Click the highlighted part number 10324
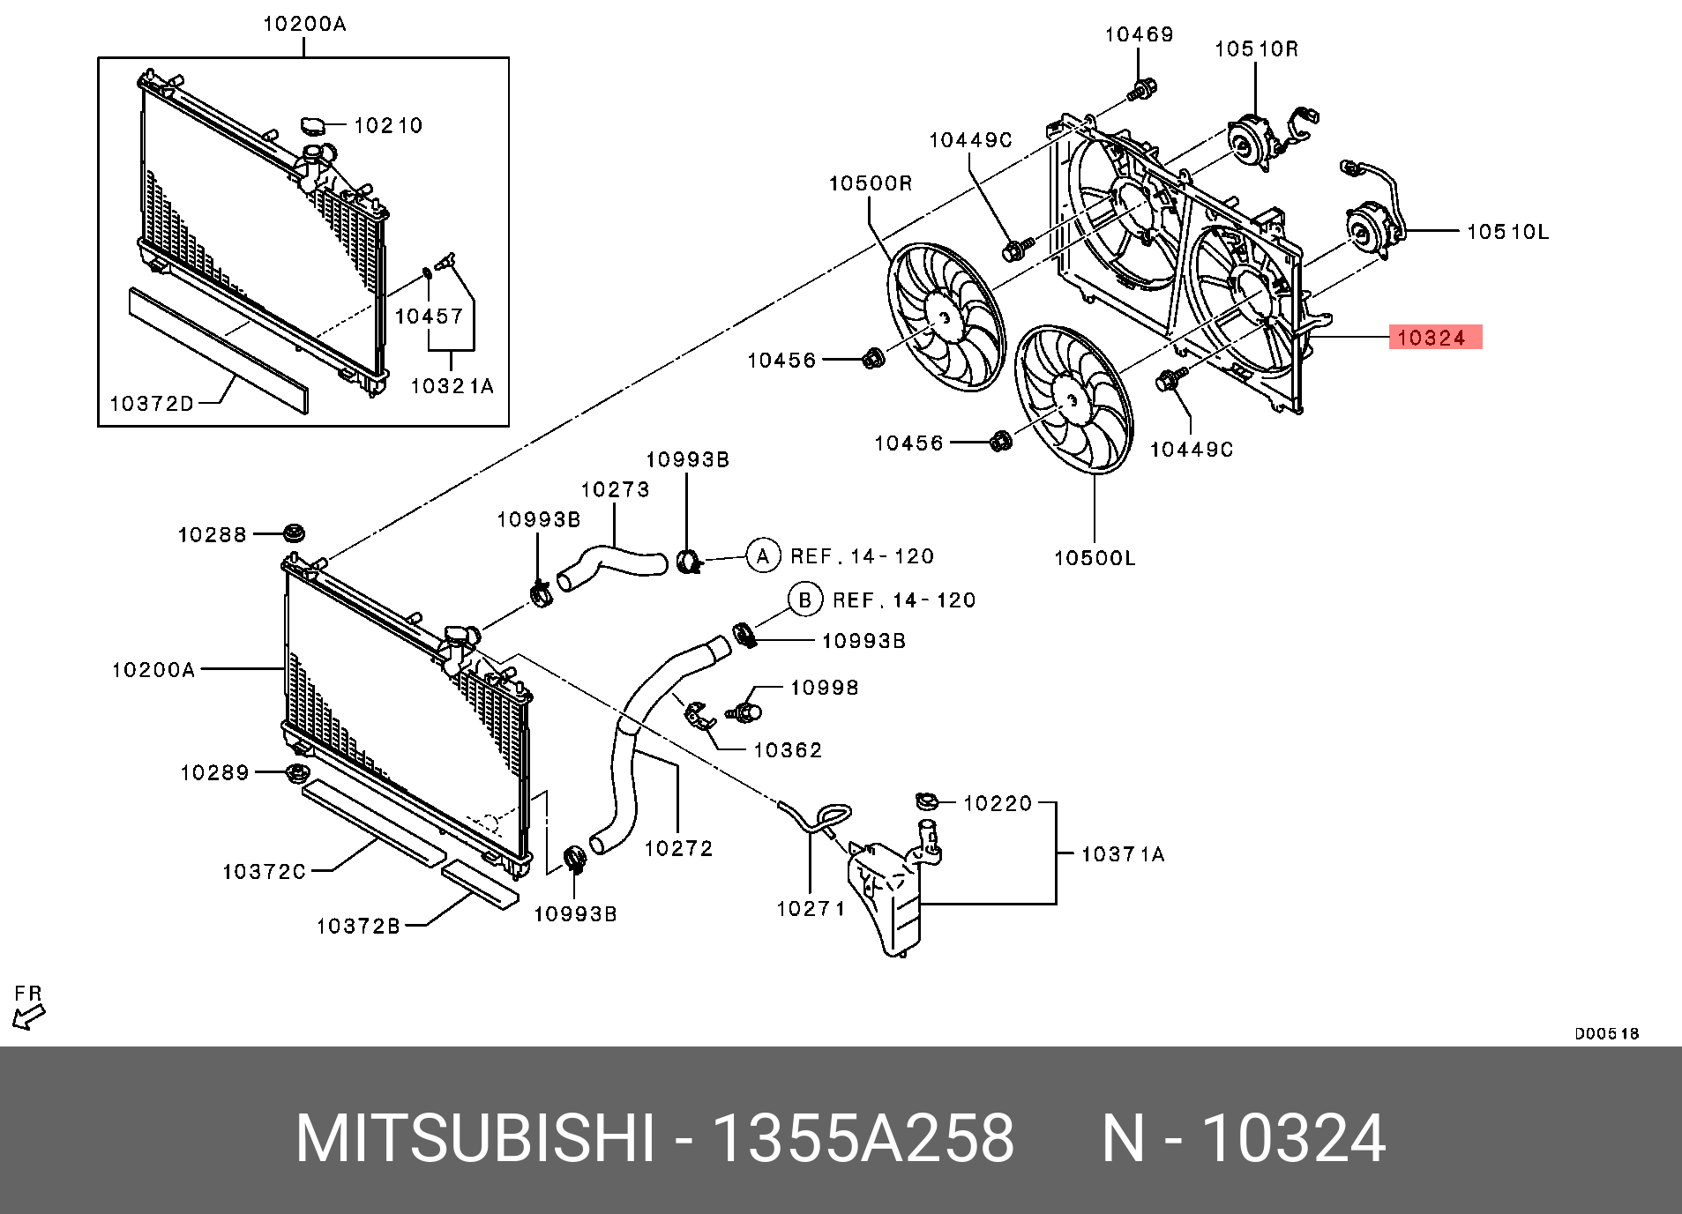(1434, 337)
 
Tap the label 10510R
(1256, 49)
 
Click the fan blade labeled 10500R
(945, 317)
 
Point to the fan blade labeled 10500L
(1073, 400)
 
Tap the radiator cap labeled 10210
(314, 126)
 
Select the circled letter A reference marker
(763, 555)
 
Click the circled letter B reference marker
(804, 600)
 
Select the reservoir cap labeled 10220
(925, 801)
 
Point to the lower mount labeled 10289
(297, 774)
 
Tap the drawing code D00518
(1606, 1033)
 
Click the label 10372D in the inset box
(151, 403)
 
